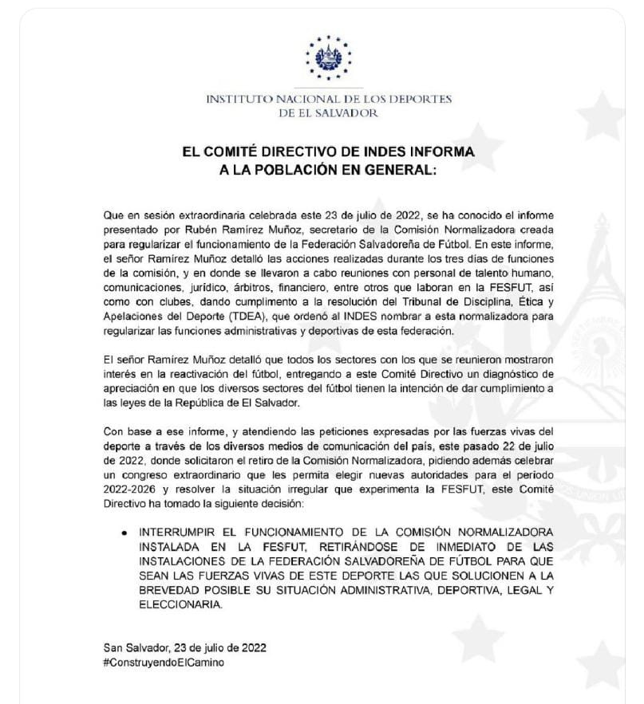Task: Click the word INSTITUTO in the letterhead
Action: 238,100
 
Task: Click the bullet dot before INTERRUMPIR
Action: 124,531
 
